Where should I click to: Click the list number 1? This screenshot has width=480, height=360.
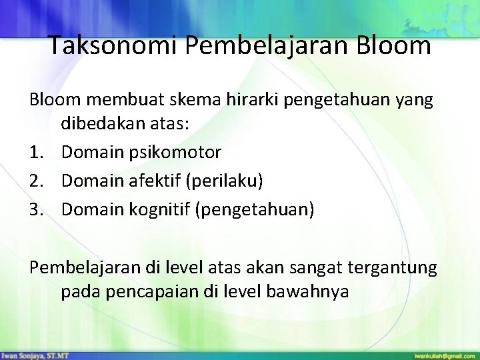(x=36, y=153)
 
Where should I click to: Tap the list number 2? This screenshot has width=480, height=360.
(x=36, y=181)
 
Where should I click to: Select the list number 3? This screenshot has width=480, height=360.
(x=36, y=209)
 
